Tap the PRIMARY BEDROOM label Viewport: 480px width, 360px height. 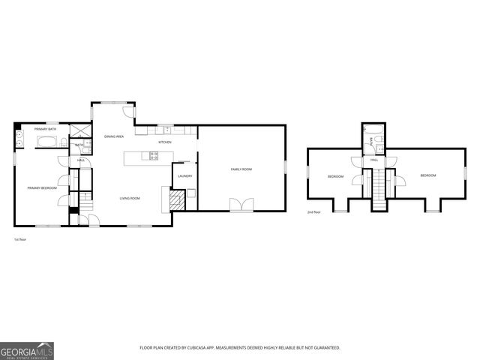42,187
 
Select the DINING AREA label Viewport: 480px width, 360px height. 114,136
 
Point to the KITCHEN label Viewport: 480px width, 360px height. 164,142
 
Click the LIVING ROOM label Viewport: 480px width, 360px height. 130,198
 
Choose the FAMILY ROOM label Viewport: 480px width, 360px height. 241,169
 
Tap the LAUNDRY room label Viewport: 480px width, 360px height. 185,176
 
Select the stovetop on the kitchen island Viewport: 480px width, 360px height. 154,156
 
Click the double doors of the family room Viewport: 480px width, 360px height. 241,204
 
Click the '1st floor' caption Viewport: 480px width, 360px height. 20,239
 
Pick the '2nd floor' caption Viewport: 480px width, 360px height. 313,213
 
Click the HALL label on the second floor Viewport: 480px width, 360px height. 373,160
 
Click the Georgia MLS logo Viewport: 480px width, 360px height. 26,349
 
